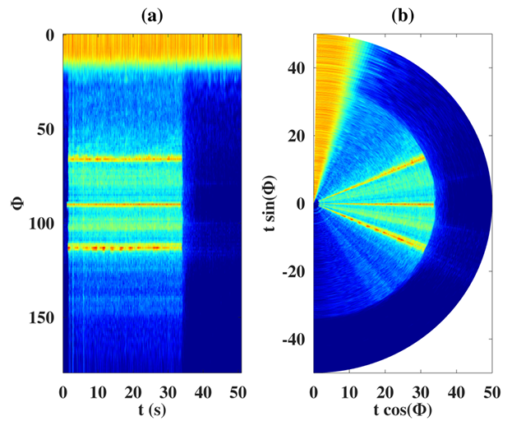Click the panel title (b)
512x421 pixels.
coord(403,14)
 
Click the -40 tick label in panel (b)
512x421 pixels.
coord(293,339)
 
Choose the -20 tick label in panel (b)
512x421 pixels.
coord(293,271)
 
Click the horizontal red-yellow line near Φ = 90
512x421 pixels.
coord(123,204)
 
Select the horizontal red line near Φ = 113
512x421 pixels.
coord(123,247)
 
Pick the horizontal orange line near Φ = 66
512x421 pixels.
coord(123,159)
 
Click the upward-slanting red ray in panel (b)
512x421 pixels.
coord(386,175)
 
